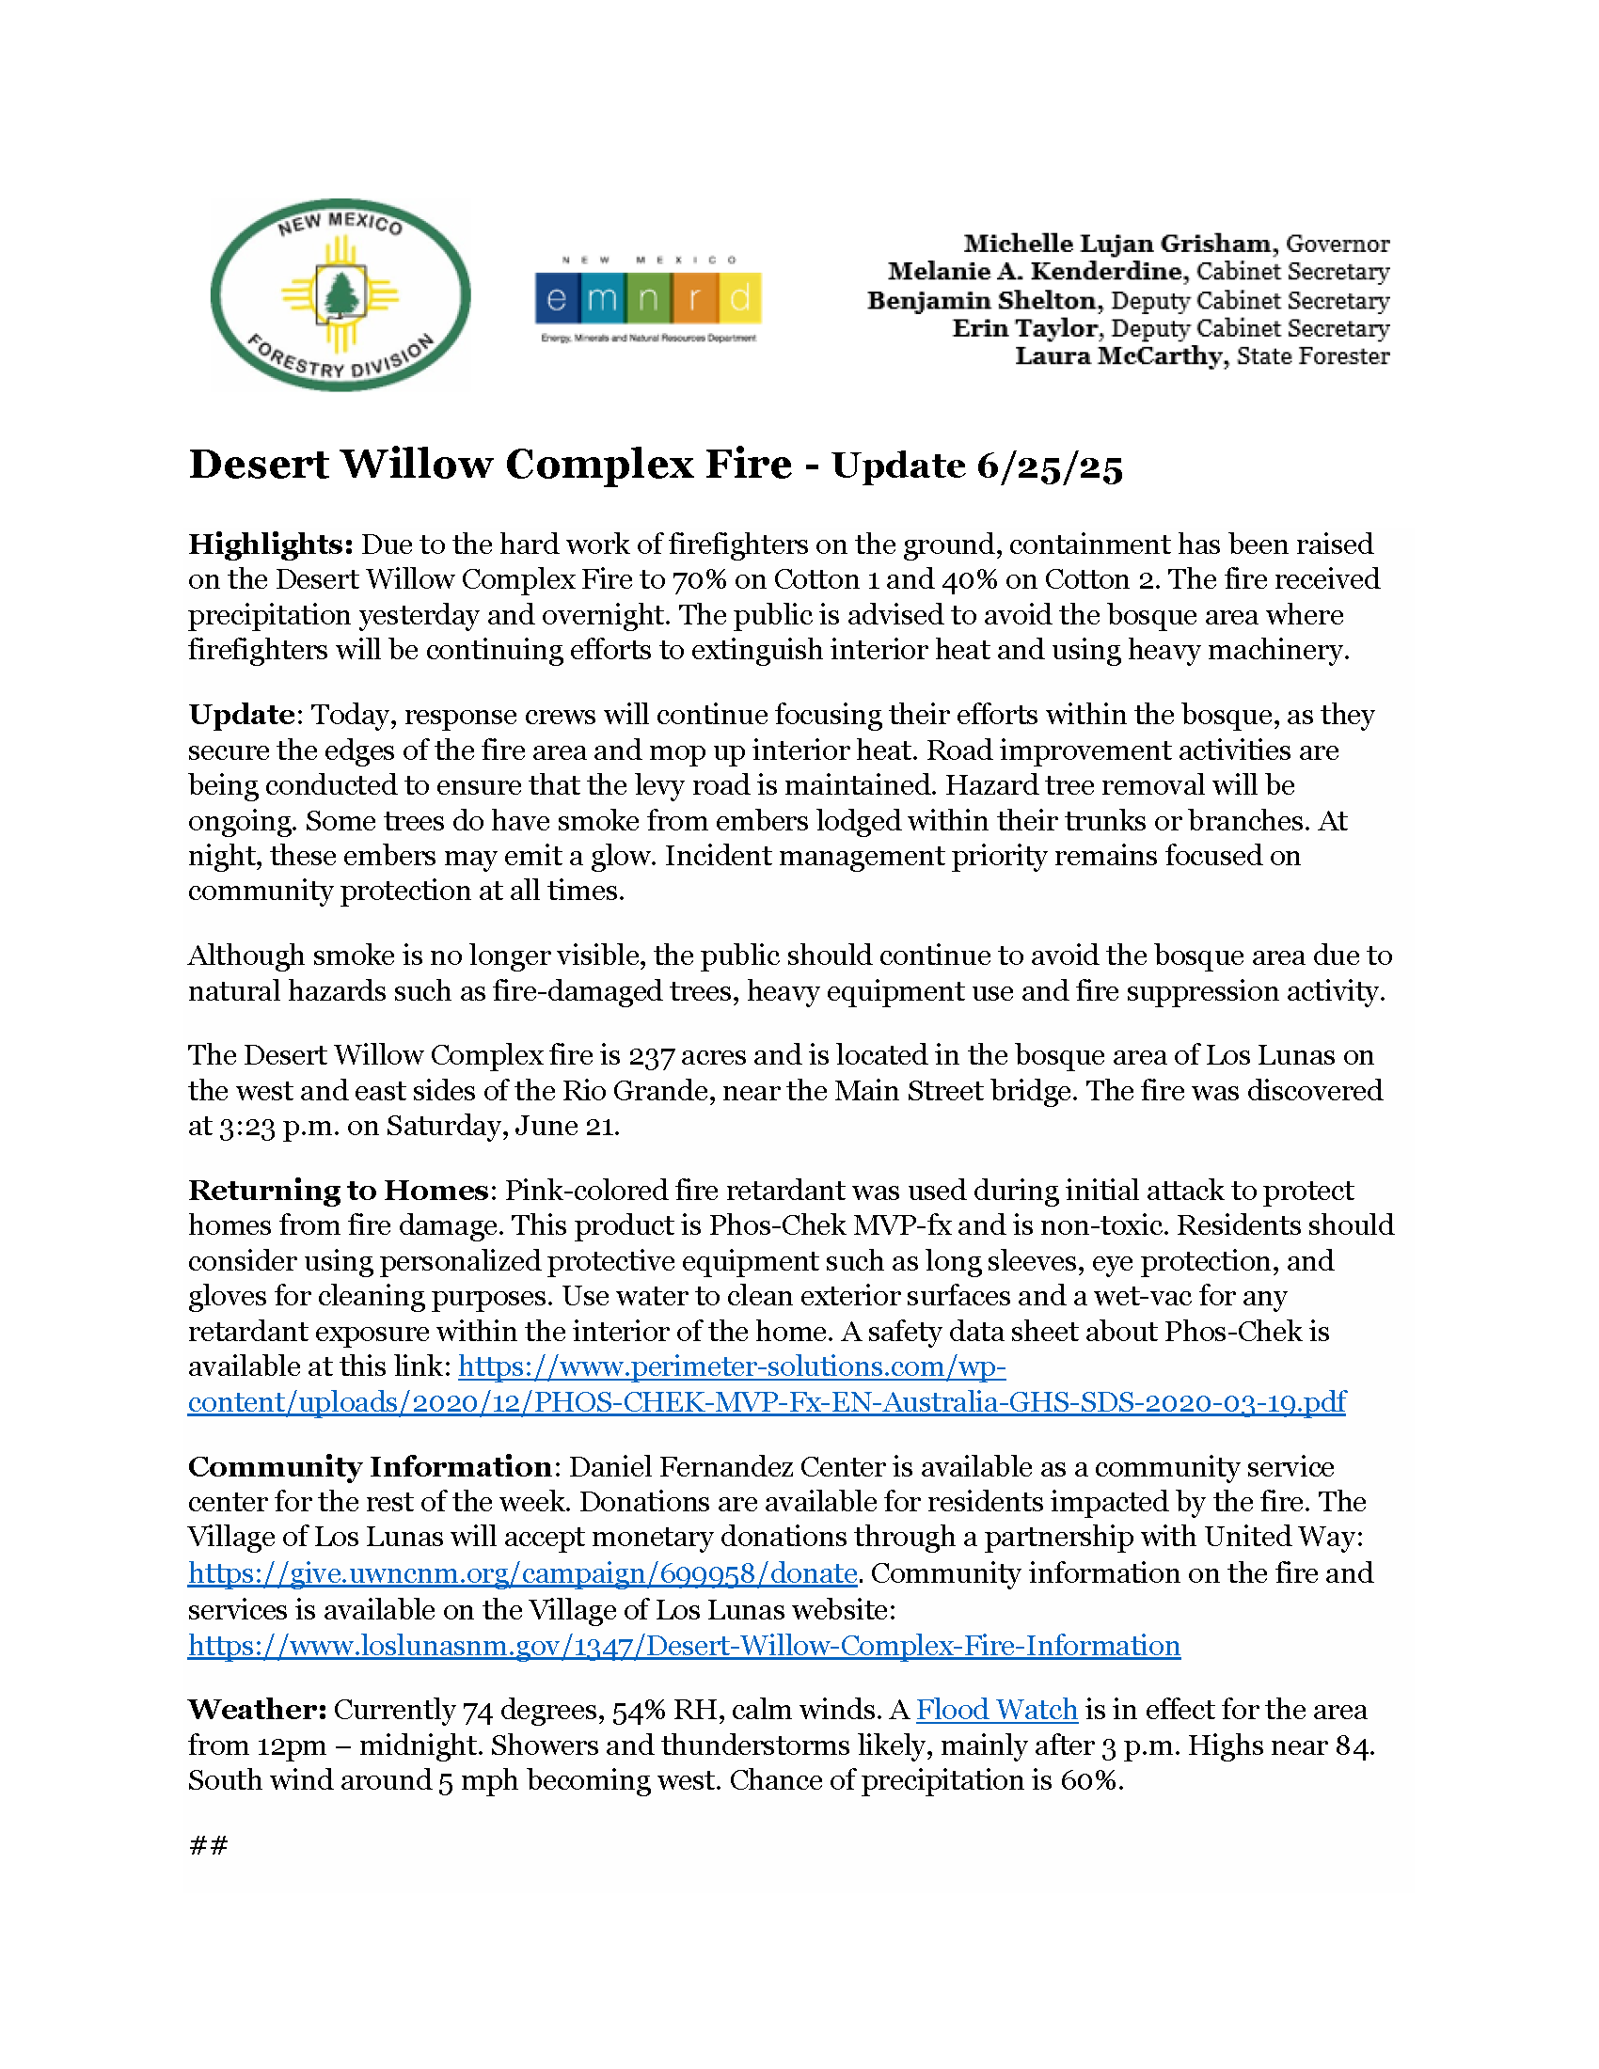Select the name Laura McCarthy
pyautogui.click(x=1118, y=356)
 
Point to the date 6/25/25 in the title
pyautogui.click(x=1050, y=466)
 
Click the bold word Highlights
pyautogui.click(x=271, y=545)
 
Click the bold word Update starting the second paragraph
pyautogui.click(x=242, y=715)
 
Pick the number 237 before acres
pyautogui.click(x=651, y=1055)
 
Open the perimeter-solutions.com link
pyautogui.click(x=766, y=1402)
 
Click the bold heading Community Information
pyautogui.click(x=371, y=1466)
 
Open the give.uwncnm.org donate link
pyautogui.click(x=522, y=1573)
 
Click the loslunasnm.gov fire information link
pyautogui.click(x=684, y=1646)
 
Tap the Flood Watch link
pyautogui.click(x=996, y=1710)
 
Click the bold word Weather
pyautogui.click(x=258, y=1710)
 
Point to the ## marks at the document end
pyautogui.click(x=209, y=1844)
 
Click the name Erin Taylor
pyautogui.click(x=1025, y=329)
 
